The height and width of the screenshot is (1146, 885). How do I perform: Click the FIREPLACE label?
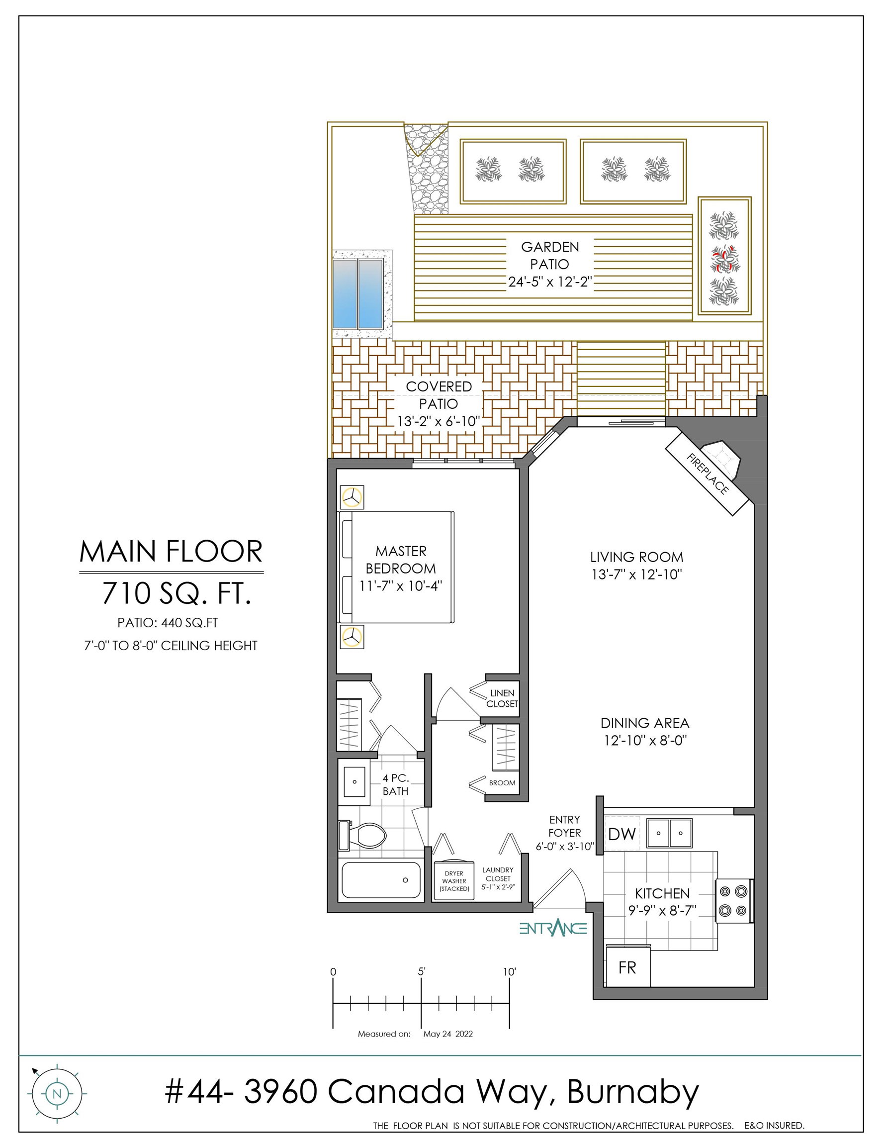coord(708,474)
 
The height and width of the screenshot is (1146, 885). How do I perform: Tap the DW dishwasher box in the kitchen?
coord(621,834)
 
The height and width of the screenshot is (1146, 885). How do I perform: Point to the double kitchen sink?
coord(669,833)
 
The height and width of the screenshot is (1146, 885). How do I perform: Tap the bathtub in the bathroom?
coord(381,880)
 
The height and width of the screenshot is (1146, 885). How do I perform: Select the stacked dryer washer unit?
coord(454,880)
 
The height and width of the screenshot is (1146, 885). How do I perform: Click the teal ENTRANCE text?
coord(553,928)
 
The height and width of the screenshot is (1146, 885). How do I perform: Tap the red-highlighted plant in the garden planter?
coord(724,259)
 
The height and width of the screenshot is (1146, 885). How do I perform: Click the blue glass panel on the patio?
coord(358,293)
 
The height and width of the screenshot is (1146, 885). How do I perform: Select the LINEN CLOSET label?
coord(502,698)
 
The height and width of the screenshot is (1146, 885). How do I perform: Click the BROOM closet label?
coord(502,783)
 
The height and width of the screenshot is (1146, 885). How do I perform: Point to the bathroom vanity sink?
coord(354,782)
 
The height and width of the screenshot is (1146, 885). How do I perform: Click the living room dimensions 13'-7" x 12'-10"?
coord(636,574)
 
